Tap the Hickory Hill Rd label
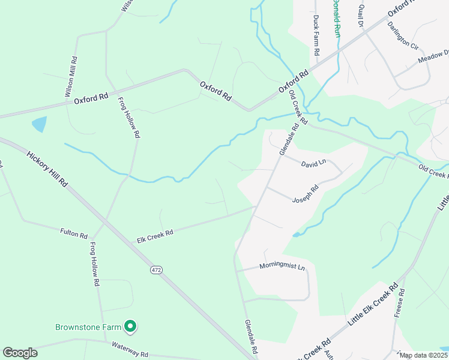[47, 169]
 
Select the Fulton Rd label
[74, 233]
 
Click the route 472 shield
[156, 271]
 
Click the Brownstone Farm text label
[88, 327]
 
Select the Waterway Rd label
[130, 349]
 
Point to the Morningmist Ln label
[283, 265]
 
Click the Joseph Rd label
[305, 193]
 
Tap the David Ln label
[313, 163]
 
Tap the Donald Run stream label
[337, 18]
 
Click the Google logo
[20, 353]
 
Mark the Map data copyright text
[423, 355]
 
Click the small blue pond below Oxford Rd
[39, 125]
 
